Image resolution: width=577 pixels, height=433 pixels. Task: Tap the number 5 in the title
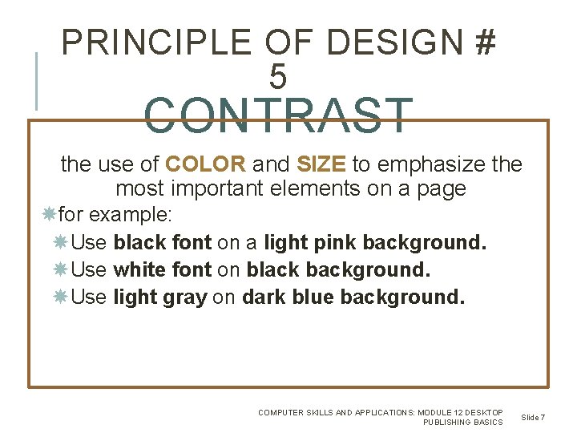pos(277,78)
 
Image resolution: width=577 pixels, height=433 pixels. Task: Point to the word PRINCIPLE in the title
pos(152,42)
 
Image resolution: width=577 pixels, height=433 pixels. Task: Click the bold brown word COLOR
pos(205,165)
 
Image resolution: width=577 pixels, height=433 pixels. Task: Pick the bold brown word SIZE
pos(321,165)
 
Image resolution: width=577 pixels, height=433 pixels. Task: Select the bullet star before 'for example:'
pos(48,216)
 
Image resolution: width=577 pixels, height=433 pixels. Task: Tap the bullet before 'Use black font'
pos(61,242)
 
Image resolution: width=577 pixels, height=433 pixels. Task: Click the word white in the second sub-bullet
pos(139,270)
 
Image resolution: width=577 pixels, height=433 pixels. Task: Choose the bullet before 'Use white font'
pos(61,269)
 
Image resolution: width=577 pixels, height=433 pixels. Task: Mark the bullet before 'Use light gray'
pos(61,297)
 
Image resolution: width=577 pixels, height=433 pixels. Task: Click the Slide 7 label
pos(533,417)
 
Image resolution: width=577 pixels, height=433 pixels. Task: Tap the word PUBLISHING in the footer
pos(450,423)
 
